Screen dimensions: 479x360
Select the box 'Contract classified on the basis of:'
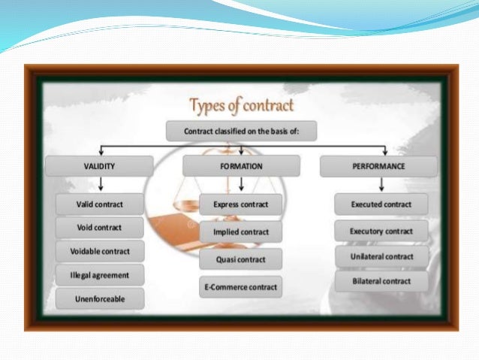pos(240,132)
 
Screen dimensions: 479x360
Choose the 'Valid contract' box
pos(100,204)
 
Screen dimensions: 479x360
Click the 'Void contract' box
pos(100,227)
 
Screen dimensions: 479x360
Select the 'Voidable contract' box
pos(100,251)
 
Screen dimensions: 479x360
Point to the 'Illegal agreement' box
pos(100,275)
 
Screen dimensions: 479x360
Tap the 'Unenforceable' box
pos(100,299)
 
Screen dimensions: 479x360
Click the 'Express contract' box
pos(241,204)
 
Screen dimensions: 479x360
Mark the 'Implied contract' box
pos(241,232)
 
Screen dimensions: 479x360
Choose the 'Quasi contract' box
pos(241,260)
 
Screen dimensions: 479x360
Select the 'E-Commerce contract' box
pos(241,287)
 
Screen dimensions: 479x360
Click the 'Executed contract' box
pos(381,204)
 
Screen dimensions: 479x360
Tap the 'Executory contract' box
pos(381,231)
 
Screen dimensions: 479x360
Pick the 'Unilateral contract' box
pos(381,256)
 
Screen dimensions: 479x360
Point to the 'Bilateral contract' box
pos(381,281)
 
